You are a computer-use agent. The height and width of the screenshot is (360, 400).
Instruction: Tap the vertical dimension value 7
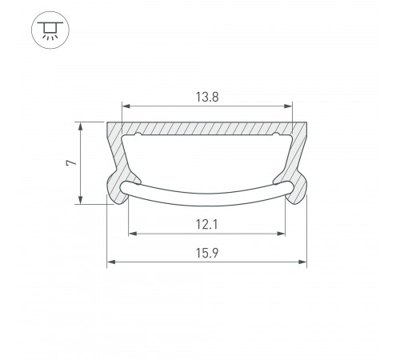(x=70, y=162)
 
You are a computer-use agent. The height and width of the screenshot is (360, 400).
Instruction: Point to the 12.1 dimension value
(x=207, y=225)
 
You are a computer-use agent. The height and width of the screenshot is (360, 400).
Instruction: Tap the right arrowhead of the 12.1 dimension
(x=282, y=234)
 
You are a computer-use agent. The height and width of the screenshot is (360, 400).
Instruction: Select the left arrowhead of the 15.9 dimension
(x=110, y=262)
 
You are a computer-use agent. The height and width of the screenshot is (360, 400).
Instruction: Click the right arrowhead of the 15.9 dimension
(x=304, y=262)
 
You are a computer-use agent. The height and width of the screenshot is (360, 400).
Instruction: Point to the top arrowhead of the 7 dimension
(x=80, y=125)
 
